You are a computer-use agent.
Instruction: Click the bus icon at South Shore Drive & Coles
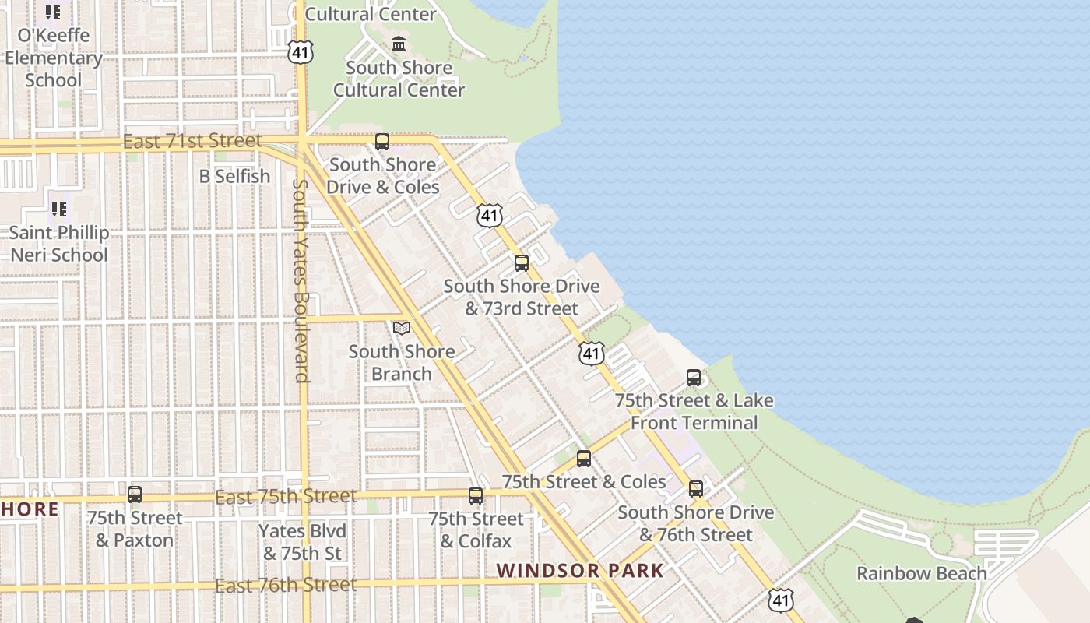point(381,142)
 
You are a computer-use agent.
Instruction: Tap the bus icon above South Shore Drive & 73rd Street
point(522,263)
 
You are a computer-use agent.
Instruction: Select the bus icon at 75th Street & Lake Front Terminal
point(694,378)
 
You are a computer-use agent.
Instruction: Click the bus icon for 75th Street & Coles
point(584,459)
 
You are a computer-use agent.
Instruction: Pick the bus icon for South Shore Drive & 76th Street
point(696,489)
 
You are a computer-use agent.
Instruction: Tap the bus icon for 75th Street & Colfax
point(476,496)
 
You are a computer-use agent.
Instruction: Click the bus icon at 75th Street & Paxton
point(135,495)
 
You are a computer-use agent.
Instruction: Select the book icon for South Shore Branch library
point(402,329)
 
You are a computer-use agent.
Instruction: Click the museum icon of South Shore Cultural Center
point(399,44)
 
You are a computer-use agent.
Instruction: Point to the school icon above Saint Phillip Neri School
point(58,209)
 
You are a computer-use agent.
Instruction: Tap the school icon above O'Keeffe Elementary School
point(52,12)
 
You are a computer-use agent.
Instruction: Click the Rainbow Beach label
point(921,574)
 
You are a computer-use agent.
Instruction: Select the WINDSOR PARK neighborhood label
point(580,571)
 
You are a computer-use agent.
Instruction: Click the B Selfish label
point(234,176)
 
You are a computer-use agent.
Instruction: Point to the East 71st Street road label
point(192,141)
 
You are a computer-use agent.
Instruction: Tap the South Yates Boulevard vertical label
point(302,280)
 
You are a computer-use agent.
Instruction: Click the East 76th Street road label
point(285,585)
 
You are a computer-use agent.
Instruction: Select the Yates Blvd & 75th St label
point(302,542)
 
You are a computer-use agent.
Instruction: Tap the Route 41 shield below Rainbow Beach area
point(781,600)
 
